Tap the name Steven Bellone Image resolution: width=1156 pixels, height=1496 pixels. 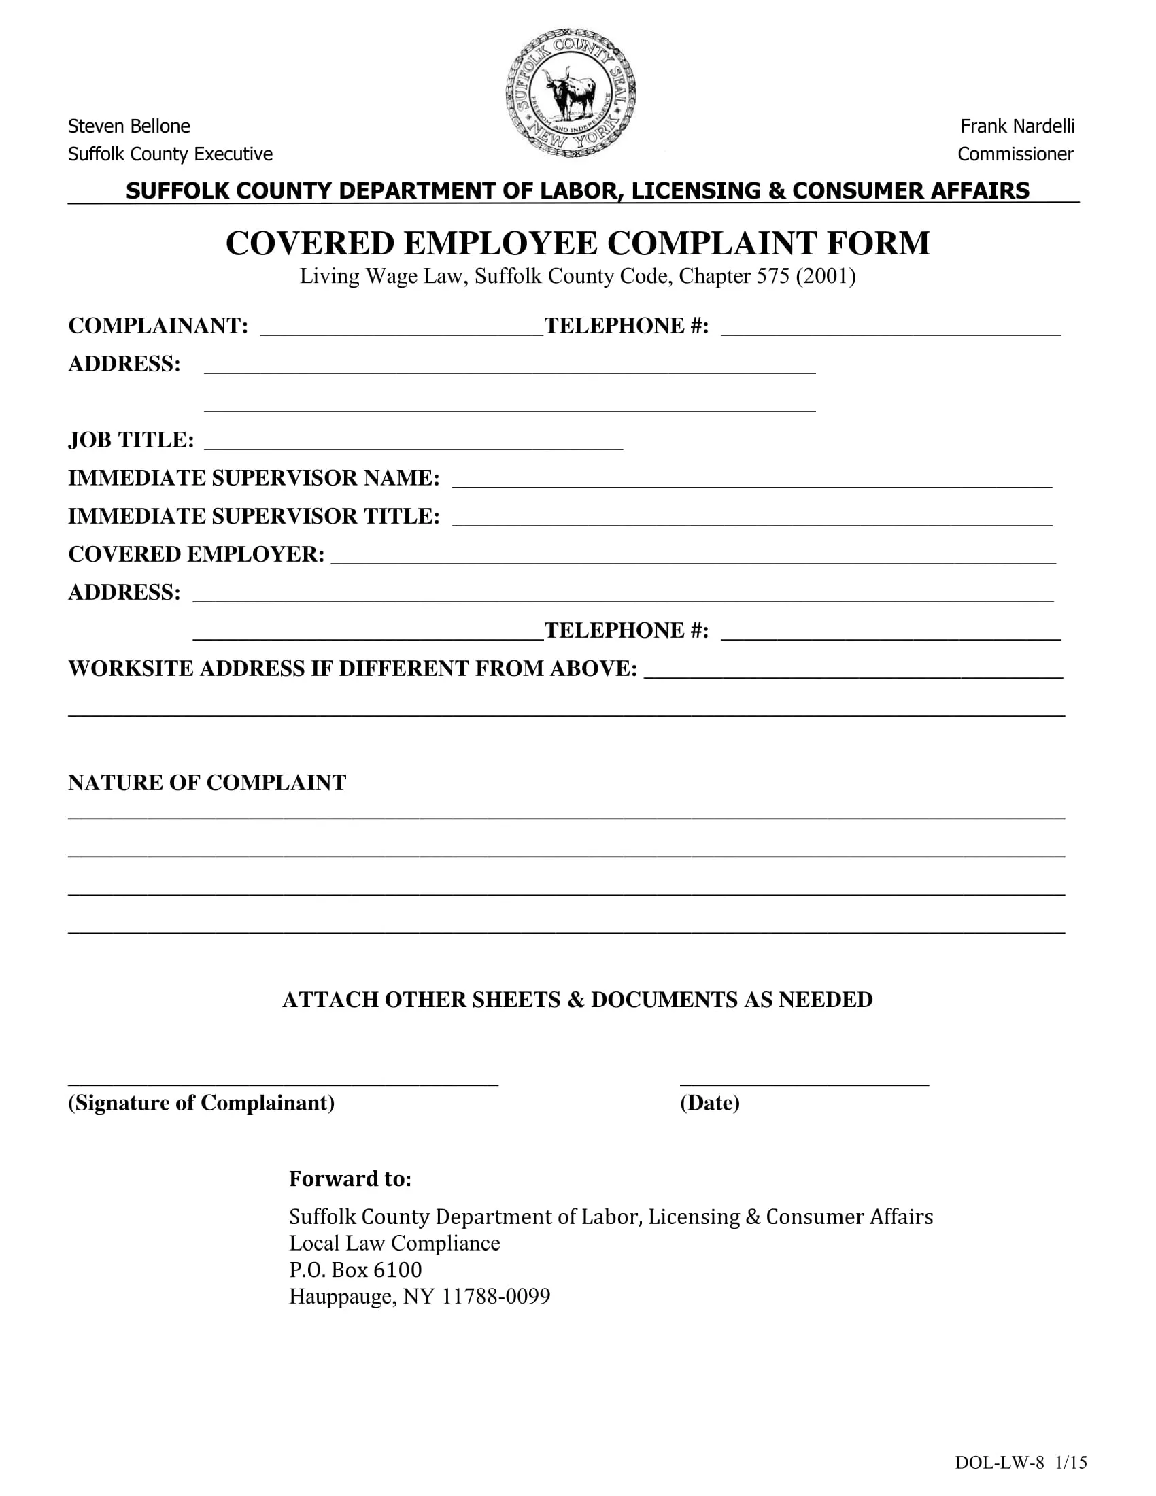coord(129,126)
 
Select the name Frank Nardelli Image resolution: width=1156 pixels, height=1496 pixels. coord(1017,126)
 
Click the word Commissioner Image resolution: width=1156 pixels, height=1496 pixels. coord(1015,154)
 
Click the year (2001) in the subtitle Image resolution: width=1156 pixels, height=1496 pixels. coord(826,276)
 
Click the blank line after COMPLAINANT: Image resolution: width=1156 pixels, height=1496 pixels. coord(401,329)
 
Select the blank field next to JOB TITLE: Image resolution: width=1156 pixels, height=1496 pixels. coord(413,443)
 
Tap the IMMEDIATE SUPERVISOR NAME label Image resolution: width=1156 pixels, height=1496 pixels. coord(254,478)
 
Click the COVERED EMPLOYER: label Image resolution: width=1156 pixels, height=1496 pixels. coord(196,554)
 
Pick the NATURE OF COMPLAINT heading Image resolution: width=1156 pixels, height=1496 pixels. coord(207,783)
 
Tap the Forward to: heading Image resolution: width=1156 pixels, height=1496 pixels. coord(350,1178)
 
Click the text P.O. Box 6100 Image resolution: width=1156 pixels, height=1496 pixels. coord(356,1270)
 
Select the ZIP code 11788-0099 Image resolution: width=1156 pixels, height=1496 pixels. coord(496,1296)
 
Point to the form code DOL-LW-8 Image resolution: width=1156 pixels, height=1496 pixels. coord(999,1462)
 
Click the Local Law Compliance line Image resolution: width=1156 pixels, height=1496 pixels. coord(394,1242)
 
